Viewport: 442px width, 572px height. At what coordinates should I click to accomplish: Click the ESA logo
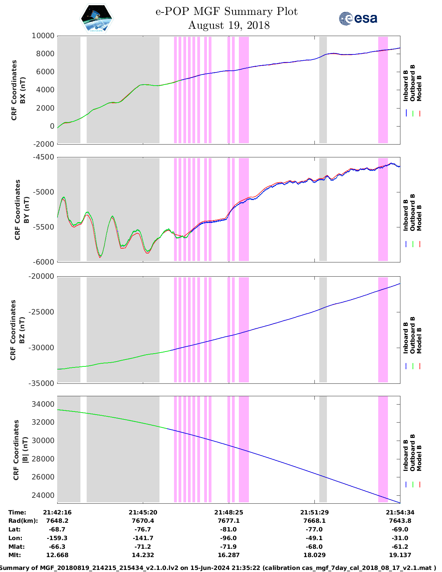coord(358,18)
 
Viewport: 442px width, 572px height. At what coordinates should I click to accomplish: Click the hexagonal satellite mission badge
coord(97,18)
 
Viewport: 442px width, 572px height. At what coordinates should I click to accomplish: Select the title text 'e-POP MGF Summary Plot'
coord(226,11)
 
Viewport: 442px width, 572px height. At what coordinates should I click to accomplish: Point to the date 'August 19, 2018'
coord(229,25)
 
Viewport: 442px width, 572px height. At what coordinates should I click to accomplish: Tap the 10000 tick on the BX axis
coord(43,36)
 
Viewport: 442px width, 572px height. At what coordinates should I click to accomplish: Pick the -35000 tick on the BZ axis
coord(42,383)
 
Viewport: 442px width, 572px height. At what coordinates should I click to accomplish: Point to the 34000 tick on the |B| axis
coord(43,404)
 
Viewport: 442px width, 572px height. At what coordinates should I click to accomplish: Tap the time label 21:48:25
coord(228,512)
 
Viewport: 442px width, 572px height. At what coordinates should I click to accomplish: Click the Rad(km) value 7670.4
coord(143,521)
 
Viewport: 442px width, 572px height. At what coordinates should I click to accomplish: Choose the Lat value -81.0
coord(228,529)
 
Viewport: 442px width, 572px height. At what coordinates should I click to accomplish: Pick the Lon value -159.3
coord(57,538)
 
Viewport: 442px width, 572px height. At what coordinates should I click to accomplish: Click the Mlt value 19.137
coord(400,555)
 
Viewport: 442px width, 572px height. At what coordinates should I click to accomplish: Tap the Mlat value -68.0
coord(314,547)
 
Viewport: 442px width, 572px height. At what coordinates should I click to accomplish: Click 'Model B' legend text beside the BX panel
coord(419,88)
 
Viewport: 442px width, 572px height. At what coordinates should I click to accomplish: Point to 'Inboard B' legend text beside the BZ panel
coord(406,338)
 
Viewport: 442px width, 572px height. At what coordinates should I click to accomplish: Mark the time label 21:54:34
coord(400,512)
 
